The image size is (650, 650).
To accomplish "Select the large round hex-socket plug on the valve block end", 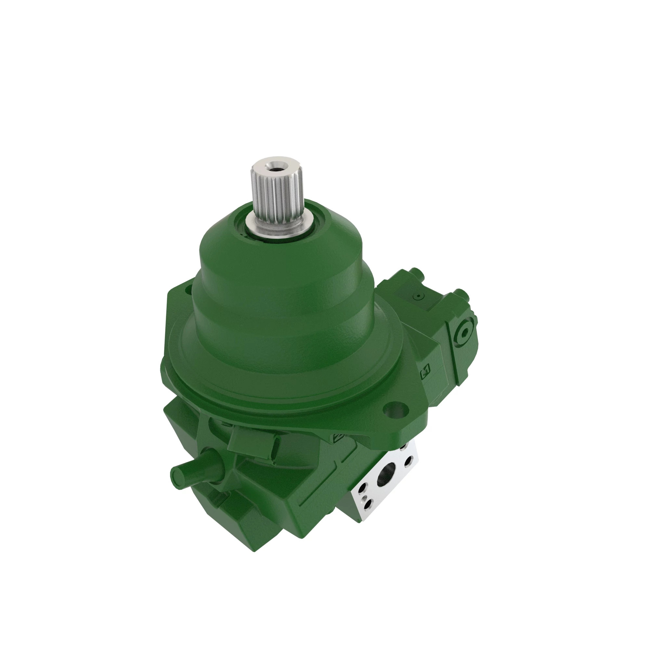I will tap(465, 332).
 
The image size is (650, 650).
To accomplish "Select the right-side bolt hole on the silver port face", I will tap(409, 460).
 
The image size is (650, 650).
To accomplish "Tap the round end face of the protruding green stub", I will tap(178, 476).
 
